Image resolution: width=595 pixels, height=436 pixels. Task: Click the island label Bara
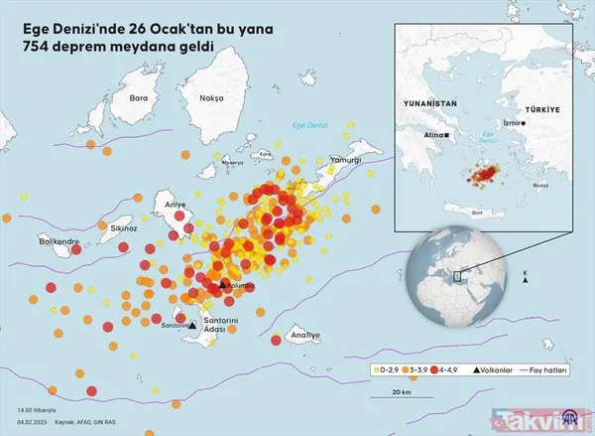pos(138,98)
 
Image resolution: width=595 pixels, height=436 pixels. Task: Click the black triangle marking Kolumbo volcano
pos(223,287)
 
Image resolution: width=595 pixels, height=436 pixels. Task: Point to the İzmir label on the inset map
pos(517,123)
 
